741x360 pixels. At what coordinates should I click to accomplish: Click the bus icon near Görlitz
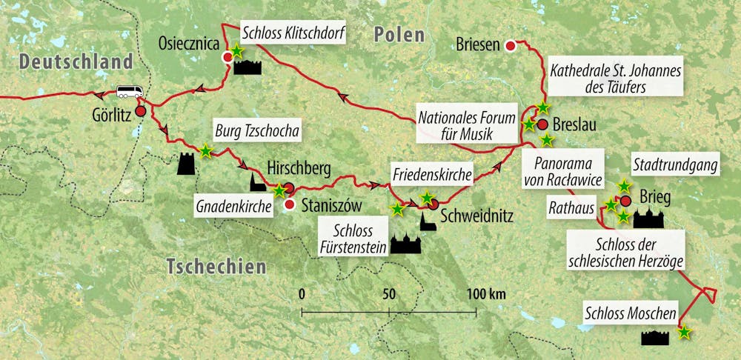(x=129, y=92)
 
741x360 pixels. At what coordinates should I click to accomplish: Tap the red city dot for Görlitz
(x=140, y=111)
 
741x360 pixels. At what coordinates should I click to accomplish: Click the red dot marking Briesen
(x=510, y=47)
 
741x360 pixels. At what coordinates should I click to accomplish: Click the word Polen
(x=399, y=34)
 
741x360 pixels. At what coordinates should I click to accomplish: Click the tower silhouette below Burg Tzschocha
(x=186, y=164)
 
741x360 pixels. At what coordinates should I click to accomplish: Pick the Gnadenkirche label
(x=232, y=203)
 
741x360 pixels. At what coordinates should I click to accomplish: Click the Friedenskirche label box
(x=434, y=176)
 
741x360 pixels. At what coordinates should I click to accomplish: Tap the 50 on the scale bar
(x=389, y=294)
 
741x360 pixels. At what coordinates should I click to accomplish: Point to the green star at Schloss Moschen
(x=684, y=332)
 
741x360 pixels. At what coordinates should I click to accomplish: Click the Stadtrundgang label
(x=674, y=165)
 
